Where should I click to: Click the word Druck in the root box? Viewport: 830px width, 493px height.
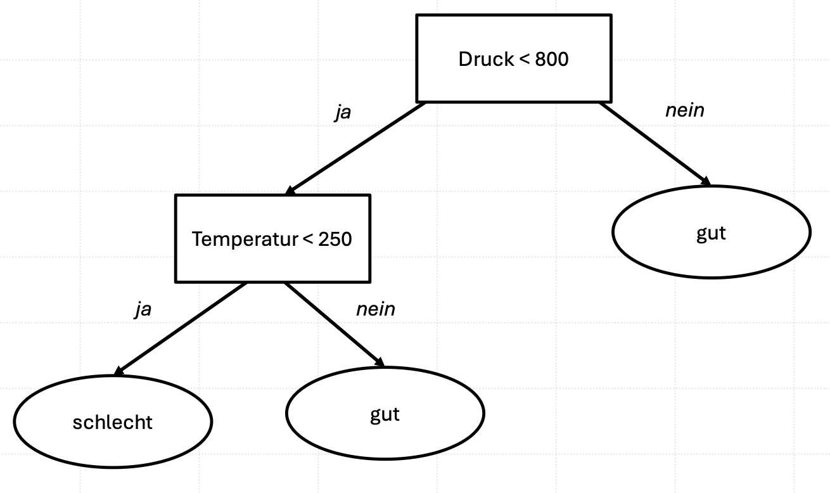pos(486,59)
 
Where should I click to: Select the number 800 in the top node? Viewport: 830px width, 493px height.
pos(552,59)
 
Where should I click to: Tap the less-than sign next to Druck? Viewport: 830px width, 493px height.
pos(525,60)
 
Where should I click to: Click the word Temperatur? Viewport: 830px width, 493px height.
pos(245,239)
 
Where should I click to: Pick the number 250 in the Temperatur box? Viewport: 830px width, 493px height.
pos(335,239)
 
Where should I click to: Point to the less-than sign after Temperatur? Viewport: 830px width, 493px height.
pos(308,239)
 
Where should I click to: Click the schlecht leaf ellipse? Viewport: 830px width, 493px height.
pos(113,421)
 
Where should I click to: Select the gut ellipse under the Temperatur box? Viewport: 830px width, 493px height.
pos(385,413)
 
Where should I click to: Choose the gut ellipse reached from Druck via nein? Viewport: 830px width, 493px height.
pos(712,232)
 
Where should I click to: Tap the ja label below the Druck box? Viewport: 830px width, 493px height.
pos(343,112)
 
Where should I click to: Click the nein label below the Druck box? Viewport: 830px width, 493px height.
pos(685,110)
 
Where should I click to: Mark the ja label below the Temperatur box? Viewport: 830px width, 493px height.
pos(143,309)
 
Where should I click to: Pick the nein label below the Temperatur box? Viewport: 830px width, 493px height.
pos(376,309)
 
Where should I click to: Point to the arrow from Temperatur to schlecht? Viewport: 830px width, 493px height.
pos(180,329)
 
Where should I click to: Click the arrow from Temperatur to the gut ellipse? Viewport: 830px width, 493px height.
pos(335,324)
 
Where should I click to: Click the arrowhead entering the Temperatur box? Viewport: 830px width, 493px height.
pos(290,191)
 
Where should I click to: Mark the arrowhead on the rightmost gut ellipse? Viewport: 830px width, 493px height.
pos(706,181)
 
